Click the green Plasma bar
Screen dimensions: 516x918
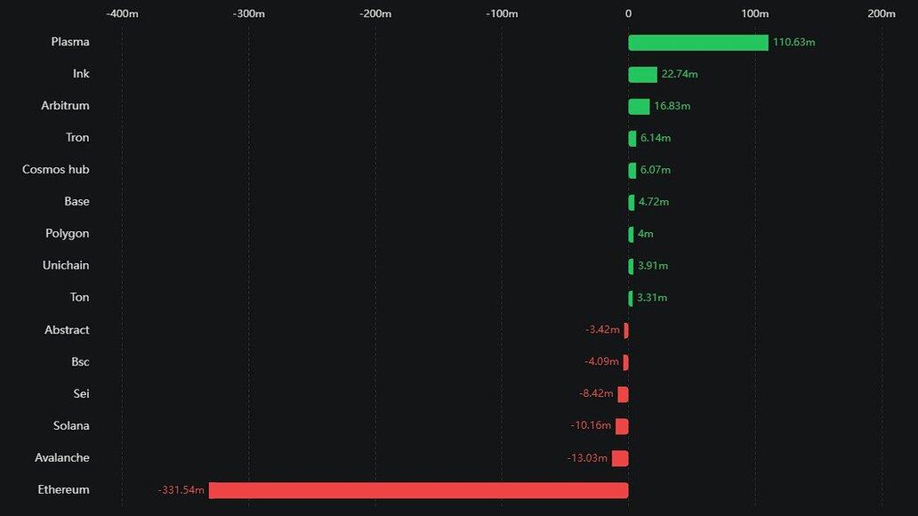pyautogui.click(x=698, y=43)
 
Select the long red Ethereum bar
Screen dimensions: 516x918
pyautogui.click(x=418, y=490)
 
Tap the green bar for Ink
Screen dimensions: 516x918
pyautogui.click(x=642, y=75)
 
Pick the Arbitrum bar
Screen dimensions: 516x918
pyautogui.click(x=639, y=107)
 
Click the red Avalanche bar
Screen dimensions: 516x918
pyautogui.click(x=620, y=458)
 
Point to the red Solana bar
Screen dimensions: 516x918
pyautogui.click(x=622, y=426)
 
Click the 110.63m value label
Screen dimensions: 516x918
pyautogui.click(x=794, y=43)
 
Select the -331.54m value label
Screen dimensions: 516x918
pyautogui.click(x=181, y=490)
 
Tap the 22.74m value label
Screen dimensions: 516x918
pyautogui.click(x=680, y=75)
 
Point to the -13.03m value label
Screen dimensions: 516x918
pyautogui.click(x=587, y=458)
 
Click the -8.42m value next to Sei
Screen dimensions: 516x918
pyautogui.click(x=596, y=394)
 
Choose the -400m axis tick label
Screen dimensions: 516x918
pyautogui.click(x=122, y=13)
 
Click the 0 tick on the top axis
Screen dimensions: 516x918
pyautogui.click(x=628, y=13)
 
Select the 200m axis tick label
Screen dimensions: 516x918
pyautogui.click(x=881, y=13)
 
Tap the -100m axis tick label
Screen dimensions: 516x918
pyautogui.click(x=502, y=13)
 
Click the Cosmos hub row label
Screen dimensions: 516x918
pyautogui.click(x=56, y=170)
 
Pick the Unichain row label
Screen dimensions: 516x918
pyautogui.click(x=66, y=266)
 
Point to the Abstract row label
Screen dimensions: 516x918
pyautogui.click(x=67, y=330)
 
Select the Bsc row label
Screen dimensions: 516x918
pyautogui.click(x=80, y=362)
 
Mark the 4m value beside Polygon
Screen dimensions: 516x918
pyautogui.click(x=646, y=234)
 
